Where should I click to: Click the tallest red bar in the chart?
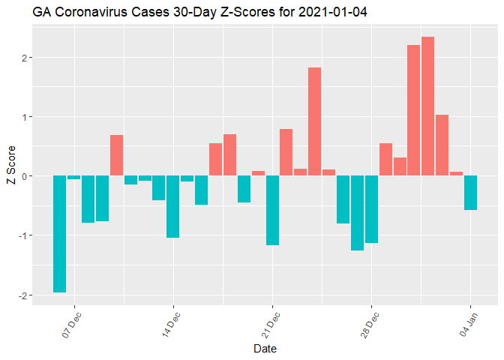427,106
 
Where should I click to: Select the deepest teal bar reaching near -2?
59,233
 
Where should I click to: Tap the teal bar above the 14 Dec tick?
172,206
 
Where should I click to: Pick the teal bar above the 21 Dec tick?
272,210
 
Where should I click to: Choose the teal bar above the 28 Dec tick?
371,209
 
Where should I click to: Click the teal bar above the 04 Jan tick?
470,193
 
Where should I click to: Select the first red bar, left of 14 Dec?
116,155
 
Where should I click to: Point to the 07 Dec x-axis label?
73,323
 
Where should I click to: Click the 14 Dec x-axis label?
172,323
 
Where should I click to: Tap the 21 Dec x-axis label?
271,323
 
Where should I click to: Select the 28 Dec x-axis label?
370,323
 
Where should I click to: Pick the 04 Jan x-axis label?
469,323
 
